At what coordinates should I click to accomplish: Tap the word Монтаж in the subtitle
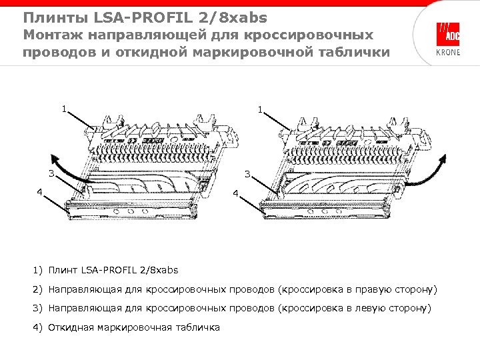pos(53,35)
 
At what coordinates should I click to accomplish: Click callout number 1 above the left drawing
pos(64,108)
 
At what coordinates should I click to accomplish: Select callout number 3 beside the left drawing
pos(51,175)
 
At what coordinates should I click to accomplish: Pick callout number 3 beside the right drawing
pos(247,175)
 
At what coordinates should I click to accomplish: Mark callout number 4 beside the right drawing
pos(235,193)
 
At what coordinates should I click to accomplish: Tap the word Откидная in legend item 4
pos(72,327)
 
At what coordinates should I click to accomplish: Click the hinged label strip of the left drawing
pos(133,211)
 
